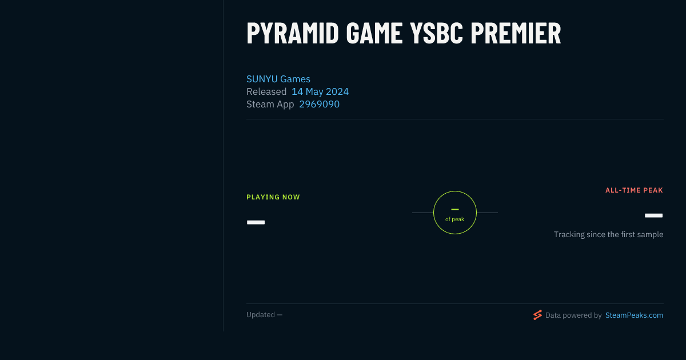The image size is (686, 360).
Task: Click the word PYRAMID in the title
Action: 293,33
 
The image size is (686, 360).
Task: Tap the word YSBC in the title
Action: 436,33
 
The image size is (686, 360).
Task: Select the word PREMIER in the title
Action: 516,33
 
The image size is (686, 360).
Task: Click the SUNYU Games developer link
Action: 278,79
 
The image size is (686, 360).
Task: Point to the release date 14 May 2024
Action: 320,91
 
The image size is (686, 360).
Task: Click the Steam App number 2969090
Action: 319,104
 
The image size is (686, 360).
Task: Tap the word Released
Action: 266,91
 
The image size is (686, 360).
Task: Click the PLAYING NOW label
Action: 273,197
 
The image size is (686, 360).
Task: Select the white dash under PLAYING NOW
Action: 256,222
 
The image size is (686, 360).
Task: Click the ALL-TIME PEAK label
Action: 634,190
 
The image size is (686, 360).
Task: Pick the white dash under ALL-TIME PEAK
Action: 653,215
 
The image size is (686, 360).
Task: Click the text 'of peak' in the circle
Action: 455,219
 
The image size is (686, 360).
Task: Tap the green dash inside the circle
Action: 455,209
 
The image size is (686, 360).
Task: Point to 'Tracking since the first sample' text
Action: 608,234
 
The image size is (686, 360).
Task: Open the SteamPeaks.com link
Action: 634,315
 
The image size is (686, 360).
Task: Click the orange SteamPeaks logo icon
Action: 537,315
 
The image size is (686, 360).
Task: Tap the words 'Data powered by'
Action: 573,315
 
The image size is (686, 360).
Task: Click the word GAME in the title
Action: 374,33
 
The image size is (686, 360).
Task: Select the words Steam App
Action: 270,105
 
